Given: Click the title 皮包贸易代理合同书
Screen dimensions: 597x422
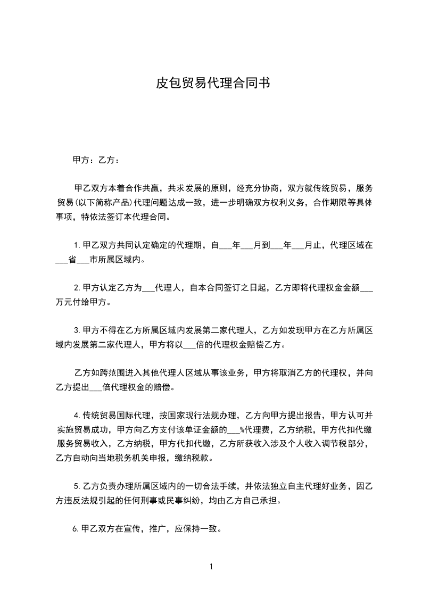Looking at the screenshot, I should [211, 84].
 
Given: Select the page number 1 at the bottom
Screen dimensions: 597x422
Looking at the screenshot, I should [211, 567].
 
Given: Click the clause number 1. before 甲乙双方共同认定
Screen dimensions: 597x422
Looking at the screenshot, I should [77, 246].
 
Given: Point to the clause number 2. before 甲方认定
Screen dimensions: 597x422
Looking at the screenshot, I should [77, 288].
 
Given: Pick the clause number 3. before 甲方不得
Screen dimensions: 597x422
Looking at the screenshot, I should [77, 330].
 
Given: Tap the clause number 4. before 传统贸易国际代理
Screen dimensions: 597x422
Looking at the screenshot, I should [77, 415].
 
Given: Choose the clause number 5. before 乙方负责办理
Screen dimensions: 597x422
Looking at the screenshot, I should [77, 486].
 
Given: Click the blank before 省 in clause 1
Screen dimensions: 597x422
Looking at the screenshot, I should [62, 260].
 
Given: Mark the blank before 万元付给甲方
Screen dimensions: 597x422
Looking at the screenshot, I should [367, 288].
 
